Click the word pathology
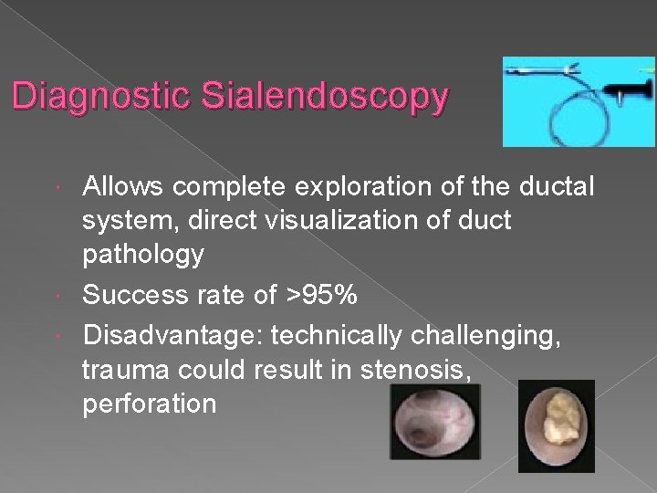pyautogui.click(x=143, y=253)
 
